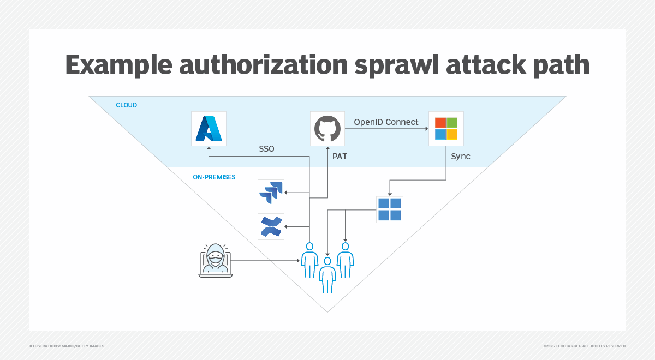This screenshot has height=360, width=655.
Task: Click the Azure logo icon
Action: tap(209, 129)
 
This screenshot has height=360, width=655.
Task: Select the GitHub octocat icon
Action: tap(327, 129)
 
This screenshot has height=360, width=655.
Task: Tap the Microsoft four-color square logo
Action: tap(446, 129)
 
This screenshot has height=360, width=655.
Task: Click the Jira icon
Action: tap(271, 193)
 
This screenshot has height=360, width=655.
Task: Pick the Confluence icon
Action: tap(271, 226)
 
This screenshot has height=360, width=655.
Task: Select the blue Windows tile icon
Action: tap(390, 209)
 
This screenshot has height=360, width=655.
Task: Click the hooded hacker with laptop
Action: tap(215, 261)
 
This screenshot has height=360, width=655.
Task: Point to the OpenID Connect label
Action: tap(386, 122)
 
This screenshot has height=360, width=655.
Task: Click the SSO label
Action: tap(266, 148)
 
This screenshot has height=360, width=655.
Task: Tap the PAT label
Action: tap(340, 157)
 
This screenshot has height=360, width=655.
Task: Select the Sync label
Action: tap(461, 157)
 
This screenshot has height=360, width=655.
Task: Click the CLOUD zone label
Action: tap(126, 105)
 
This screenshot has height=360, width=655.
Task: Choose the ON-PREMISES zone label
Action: tap(214, 177)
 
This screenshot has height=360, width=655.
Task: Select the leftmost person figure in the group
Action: tap(309, 260)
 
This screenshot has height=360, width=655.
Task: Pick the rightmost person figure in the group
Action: tap(345, 260)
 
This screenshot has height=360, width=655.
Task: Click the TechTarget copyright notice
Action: tap(584, 346)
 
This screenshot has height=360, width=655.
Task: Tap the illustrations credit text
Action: tap(67, 346)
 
